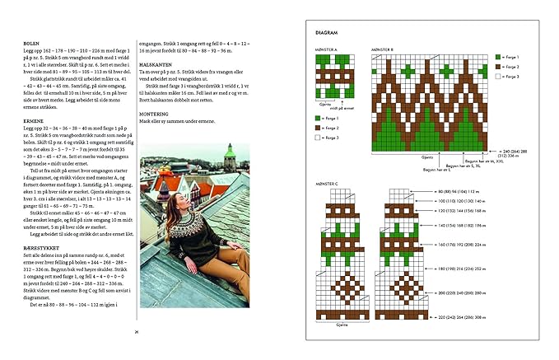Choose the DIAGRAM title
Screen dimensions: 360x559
click(327, 32)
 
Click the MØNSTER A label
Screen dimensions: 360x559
click(327, 49)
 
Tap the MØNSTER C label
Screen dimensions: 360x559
click(327, 183)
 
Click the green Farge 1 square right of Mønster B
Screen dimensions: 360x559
click(498, 57)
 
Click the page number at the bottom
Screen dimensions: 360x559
click(136, 331)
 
